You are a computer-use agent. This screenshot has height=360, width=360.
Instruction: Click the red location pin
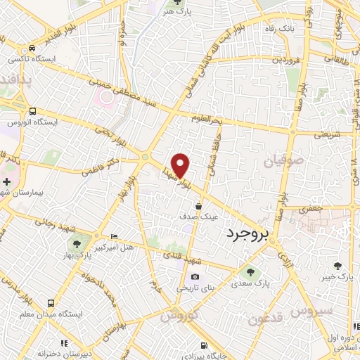181,165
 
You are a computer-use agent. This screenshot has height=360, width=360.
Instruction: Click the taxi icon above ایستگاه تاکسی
32,49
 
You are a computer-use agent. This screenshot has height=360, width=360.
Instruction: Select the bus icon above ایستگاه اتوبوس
32,112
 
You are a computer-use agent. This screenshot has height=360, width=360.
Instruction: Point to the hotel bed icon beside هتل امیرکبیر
115,236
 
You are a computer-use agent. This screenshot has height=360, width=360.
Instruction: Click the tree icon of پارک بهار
76,244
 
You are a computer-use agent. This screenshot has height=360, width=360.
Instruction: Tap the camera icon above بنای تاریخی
195,276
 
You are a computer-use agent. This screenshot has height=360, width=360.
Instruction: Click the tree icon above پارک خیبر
338,266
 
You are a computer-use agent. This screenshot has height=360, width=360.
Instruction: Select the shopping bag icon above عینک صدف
199,206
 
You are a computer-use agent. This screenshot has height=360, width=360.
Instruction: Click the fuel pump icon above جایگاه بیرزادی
204,345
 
